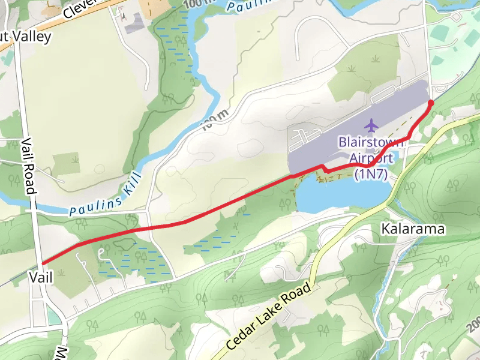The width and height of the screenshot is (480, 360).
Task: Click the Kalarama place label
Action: (x=413, y=229)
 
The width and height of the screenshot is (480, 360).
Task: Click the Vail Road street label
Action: (x=29, y=165)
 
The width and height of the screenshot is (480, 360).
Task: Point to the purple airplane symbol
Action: (x=371, y=125)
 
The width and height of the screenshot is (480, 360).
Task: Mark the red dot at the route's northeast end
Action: (x=430, y=103)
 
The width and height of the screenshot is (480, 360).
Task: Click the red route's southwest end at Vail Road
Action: (x=43, y=263)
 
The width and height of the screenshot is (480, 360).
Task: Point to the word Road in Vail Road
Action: (x=30, y=179)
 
